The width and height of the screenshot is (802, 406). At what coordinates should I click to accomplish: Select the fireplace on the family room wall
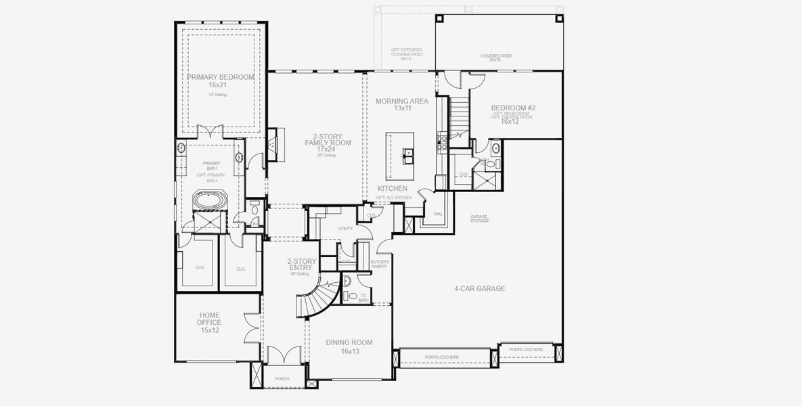coord(272,143)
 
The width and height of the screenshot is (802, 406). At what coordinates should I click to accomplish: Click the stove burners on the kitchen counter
coord(441,142)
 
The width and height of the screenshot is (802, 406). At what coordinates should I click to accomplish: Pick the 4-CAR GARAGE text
coord(479,288)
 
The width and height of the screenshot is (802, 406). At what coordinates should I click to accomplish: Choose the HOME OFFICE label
coord(209,319)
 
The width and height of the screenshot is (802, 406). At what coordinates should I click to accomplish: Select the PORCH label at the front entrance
coord(282,379)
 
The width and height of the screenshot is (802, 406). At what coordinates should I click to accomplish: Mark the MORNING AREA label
coord(402,101)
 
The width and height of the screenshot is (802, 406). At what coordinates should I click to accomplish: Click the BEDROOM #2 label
coord(513,108)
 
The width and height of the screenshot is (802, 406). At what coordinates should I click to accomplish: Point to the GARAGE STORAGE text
coord(479,219)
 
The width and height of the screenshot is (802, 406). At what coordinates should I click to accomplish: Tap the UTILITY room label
coord(345,229)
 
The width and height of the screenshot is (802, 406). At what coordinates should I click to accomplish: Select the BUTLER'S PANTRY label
coord(380,264)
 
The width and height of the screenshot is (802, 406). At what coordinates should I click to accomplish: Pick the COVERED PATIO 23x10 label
coord(496,58)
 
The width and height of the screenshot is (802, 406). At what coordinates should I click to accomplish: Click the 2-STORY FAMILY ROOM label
coord(317,139)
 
